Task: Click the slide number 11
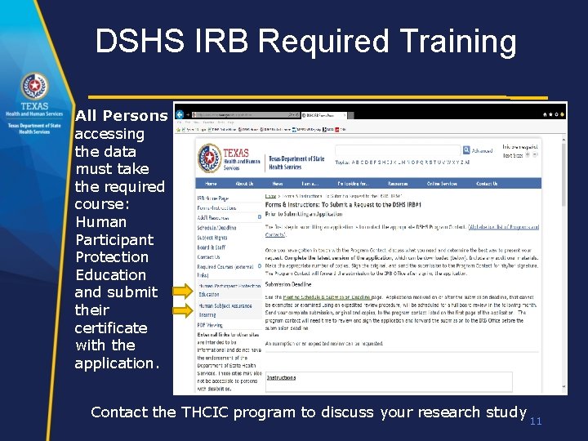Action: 536,421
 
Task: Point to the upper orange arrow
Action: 182,290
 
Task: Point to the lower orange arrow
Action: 182,310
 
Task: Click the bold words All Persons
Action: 121,116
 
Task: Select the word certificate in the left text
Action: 111,327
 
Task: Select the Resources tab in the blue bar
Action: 398,184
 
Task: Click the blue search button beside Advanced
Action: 466,150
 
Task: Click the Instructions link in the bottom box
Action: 282,377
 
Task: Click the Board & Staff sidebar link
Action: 212,247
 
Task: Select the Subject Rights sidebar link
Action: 212,237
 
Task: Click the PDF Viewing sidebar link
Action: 211,324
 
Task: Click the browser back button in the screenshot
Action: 180,114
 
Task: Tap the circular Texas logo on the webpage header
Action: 210,158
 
